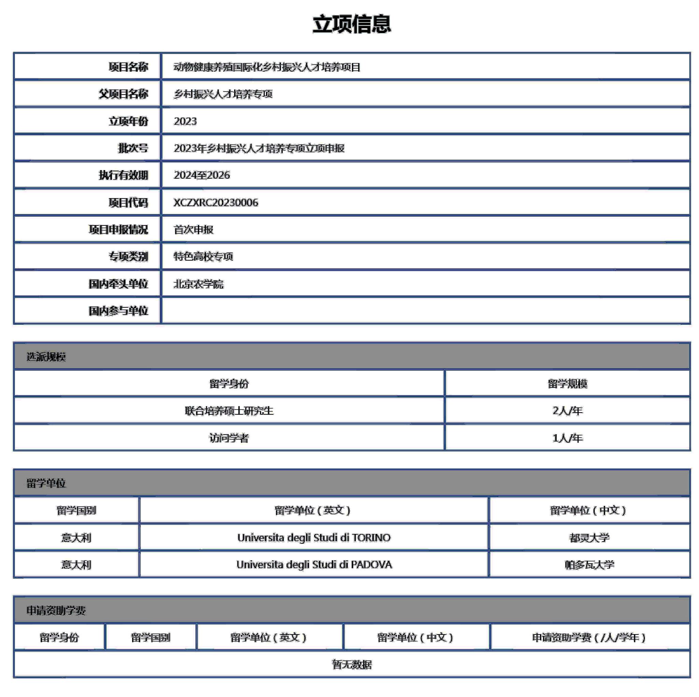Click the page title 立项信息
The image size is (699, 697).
[x=351, y=24]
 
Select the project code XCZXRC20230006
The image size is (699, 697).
[x=216, y=203]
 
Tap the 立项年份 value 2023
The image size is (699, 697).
[x=185, y=121]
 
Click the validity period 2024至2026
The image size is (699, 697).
[x=201, y=175]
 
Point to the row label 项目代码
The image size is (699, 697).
[x=128, y=203]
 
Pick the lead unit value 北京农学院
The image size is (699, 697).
[x=198, y=284]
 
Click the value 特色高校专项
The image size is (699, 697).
[x=203, y=257]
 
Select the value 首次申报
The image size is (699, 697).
[x=193, y=229]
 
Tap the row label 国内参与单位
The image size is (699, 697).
[x=118, y=311]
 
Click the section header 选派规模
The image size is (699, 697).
[x=46, y=357]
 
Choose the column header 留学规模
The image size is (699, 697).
[x=567, y=384]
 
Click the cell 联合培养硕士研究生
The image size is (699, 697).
[x=229, y=410]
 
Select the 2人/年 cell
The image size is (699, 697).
[x=567, y=410]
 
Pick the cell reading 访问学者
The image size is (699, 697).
[x=229, y=438]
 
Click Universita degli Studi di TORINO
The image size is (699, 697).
[x=314, y=538]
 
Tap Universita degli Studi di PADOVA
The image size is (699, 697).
[x=314, y=564]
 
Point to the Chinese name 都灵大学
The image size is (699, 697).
[x=589, y=538]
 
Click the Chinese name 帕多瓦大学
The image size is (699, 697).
[x=589, y=564]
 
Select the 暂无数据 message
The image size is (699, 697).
[x=352, y=665]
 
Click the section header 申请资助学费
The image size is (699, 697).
[x=56, y=611]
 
